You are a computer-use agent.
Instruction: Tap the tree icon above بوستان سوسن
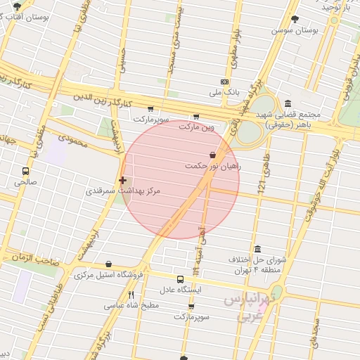click(x=295, y=19)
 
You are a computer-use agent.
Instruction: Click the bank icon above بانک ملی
click(x=224, y=82)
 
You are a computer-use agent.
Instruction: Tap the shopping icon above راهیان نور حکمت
click(x=212, y=155)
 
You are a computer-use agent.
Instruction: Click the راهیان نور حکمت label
click(x=212, y=166)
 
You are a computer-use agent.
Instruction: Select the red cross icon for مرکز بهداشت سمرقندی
click(x=123, y=181)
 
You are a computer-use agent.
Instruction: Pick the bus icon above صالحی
click(x=26, y=171)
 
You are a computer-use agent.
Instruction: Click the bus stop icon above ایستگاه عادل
click(x=181, y=279)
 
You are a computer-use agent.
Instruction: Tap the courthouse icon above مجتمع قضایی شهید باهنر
click(x=288, y=103)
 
